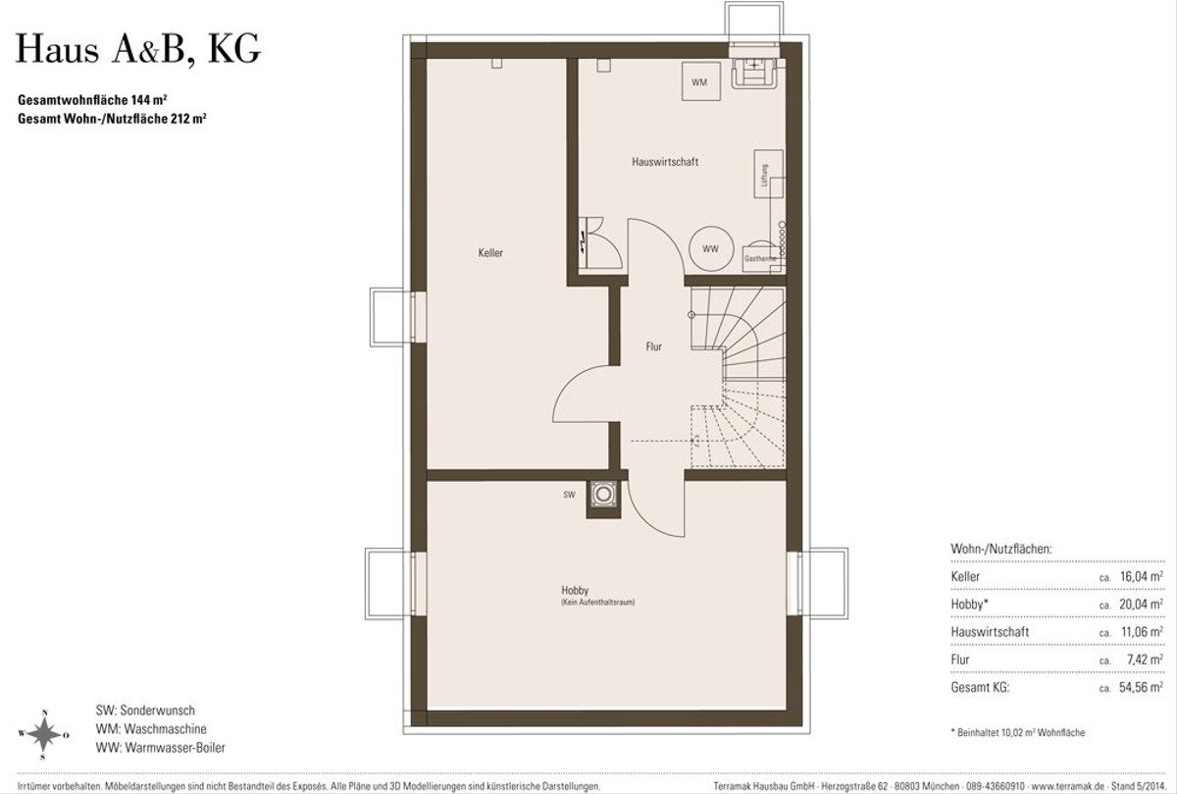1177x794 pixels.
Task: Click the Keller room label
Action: tap(490, 253)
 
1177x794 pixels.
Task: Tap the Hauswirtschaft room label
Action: tap(665, 162)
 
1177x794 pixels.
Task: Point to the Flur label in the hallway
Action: tap(653, 346)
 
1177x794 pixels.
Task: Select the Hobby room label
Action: tap(575, 590)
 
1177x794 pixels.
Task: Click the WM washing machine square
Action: tap(701, 81)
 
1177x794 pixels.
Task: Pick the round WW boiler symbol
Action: tap(711, 248)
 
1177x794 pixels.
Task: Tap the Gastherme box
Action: tap(760, 259)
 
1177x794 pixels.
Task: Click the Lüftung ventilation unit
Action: tap(768, 174)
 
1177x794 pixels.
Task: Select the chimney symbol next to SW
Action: tap(603, 495)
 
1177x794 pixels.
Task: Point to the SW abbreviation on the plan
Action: tap(569, 495)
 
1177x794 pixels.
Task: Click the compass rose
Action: tap(44, 734)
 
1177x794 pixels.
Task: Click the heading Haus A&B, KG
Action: tap(138, 49)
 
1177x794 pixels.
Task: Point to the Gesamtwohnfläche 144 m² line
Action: tap(92, 99)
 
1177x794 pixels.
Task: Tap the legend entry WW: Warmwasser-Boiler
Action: tap(160, 747)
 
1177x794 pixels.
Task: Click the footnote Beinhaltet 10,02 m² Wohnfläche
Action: tap(1018, 732)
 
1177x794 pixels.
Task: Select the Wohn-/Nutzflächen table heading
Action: tap(1001, 549)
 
